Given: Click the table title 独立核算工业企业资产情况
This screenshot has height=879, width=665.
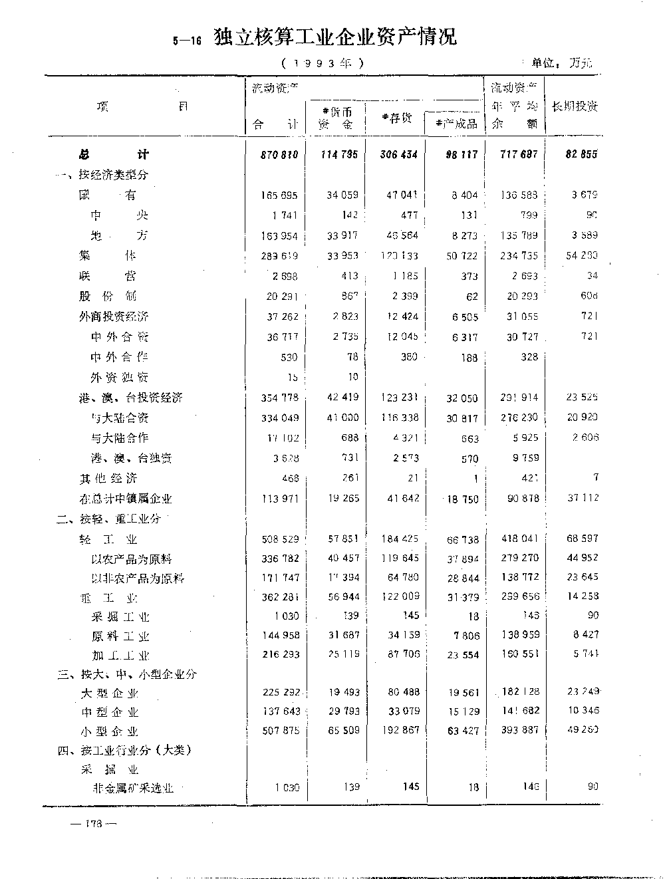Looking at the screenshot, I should point(335,37).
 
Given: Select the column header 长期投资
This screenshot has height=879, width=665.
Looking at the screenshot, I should point(575,106).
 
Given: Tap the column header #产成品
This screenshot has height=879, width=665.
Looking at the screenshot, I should point(456,123).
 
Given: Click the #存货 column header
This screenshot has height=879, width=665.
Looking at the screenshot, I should point(396,118).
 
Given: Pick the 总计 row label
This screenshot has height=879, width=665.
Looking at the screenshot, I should point(114,154).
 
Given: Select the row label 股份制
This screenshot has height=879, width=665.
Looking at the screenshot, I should point(107,296).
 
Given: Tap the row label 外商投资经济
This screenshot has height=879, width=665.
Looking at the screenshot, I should point(113,316).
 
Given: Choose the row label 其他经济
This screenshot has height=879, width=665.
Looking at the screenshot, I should point(108,478).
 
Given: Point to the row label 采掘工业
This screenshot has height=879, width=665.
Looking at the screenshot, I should point(120,617).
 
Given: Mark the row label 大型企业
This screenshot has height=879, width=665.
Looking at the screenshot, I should point(108,693).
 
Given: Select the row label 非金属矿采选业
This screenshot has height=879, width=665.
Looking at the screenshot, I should point(133,788).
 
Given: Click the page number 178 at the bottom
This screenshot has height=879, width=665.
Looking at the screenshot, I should point(92,823).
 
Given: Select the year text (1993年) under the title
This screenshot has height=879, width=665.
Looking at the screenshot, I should point(323,64).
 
